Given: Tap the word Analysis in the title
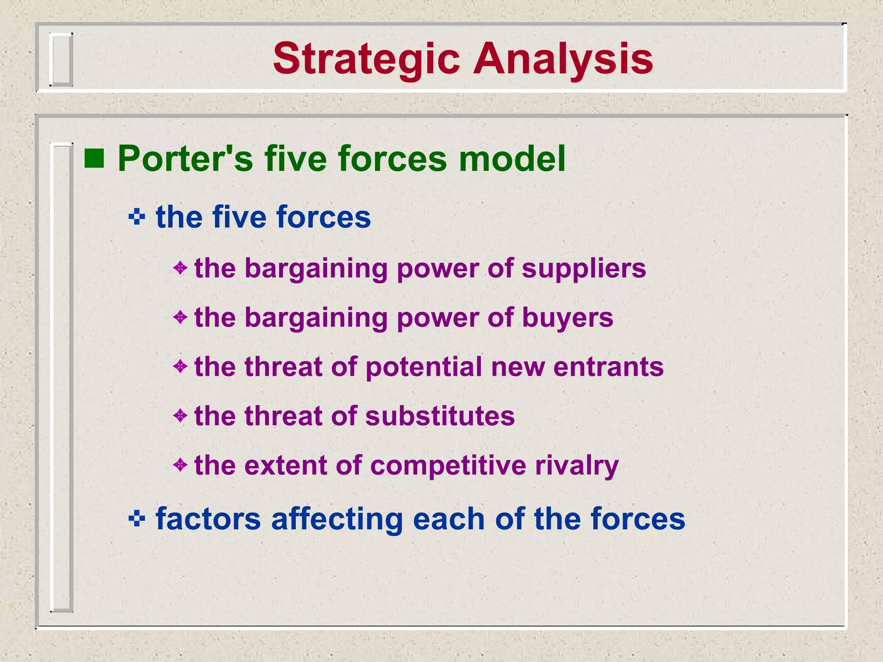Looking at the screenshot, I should pos(563,59).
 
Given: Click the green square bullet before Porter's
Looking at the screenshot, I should pos(94,158).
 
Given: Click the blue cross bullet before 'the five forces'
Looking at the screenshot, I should pos(137,217).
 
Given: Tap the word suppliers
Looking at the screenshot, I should pos(584,269).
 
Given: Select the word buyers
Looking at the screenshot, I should pos(567,318).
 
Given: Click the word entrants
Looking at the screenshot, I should pos(608,367).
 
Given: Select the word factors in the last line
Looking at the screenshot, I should pos(208,518).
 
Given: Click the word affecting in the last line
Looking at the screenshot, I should pos(337,519).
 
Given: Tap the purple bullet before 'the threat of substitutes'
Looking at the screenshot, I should pos(180,416).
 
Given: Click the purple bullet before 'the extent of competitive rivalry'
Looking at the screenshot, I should pos(180,465).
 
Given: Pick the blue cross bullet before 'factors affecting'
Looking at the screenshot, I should pos(137,518).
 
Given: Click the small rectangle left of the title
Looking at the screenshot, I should pos(61,59).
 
